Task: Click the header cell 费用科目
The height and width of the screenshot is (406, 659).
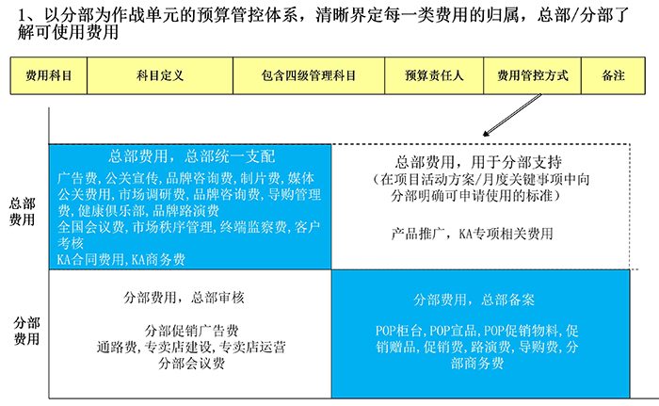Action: click(49, 75)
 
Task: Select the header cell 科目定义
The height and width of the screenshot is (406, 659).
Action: click(160, 75)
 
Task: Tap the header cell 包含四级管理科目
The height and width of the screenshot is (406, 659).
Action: click(309, 75)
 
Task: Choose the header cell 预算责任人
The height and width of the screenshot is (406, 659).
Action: click(434, 75)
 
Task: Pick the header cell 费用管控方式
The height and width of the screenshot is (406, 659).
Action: click(533, 75)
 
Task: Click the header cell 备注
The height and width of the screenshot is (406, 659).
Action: click(613, 75)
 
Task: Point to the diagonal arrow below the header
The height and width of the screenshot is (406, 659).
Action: click(512, 115)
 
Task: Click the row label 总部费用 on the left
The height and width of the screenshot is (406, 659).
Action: click(22, 212)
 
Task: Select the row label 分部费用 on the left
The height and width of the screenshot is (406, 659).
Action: click(26, 331)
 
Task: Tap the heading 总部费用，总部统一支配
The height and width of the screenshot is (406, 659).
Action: click(192, 156)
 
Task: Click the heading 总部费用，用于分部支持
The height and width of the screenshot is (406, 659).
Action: click(478, 162)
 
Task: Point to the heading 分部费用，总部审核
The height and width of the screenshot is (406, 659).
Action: click(184, 298)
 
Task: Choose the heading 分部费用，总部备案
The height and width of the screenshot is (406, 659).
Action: click(474, 300)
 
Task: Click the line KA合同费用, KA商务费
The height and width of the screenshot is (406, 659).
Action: click(121, 259)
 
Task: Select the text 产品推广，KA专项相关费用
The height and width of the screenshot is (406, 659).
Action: click(472, 234)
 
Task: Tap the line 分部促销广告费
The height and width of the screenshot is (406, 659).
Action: click(192, 331)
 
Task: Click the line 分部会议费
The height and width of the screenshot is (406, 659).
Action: click(192, 363)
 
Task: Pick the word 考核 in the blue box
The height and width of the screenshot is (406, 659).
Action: click(71, 243)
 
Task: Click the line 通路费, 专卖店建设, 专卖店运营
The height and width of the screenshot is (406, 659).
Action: click(191, 347)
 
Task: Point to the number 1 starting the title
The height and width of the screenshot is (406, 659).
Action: click(23, 16)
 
